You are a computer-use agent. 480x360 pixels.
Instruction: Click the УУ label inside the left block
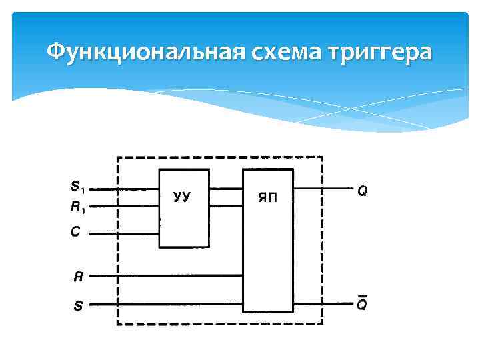pyautogui.click(x=182, y=197)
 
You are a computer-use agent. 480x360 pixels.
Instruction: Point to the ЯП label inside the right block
pyautogui.click(x=266, y=197)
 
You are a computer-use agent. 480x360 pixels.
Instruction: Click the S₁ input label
pyautogui.click(x=77, y=186)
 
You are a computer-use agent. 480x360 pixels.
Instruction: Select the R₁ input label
pyautogui.click(x=77, y=207)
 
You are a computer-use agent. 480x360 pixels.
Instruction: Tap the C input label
pyautogui.click(x=75, y=232)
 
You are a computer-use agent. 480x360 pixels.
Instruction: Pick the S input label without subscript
pyautogui.click(x=78, y=306)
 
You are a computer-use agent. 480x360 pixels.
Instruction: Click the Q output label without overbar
pyautogui.click(x=363, y=191)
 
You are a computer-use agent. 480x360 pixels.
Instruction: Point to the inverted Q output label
pyautogui.click(x=362, y=305)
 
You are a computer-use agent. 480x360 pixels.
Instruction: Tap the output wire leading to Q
pyautogui.click(x=323, y=189)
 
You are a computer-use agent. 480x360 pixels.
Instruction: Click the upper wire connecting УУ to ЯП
pyautogui.click(x=225, y=189)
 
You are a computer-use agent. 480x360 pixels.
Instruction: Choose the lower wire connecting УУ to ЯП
pyautogui.click(x=225, y=206)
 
